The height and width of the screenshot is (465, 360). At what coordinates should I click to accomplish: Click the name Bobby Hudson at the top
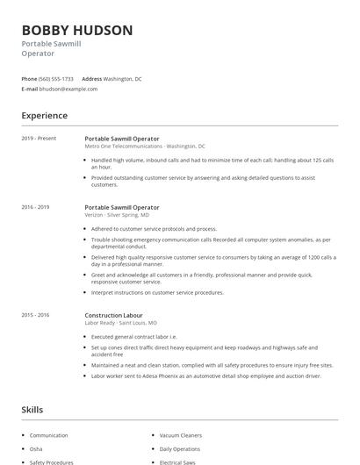[77, 30]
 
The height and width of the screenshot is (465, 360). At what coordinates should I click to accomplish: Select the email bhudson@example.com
[69, 89]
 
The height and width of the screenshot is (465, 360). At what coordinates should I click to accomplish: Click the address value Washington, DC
[125, 79]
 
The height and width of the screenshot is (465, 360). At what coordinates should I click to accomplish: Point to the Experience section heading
[45, 115]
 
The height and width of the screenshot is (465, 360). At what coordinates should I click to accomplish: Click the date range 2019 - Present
[39, 139]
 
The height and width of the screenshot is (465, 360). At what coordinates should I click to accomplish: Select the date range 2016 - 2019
[36, 207]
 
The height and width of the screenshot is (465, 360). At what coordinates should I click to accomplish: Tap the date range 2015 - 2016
[36, 315]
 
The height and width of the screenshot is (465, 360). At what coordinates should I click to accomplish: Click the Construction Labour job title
[113, 315]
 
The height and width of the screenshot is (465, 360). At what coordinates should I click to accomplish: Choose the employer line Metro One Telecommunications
[145, 147]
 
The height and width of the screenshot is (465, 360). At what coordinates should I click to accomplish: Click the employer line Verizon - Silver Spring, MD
[117, 215]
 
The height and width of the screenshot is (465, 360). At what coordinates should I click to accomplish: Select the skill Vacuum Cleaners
[182, 435]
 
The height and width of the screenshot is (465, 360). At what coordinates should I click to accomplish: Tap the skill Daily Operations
[181, 448]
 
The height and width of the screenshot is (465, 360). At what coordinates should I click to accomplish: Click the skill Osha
[36, 448]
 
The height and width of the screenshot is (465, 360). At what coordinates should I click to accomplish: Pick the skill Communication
[48, 435]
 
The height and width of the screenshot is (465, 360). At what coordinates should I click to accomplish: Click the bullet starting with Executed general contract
[134, 337]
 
